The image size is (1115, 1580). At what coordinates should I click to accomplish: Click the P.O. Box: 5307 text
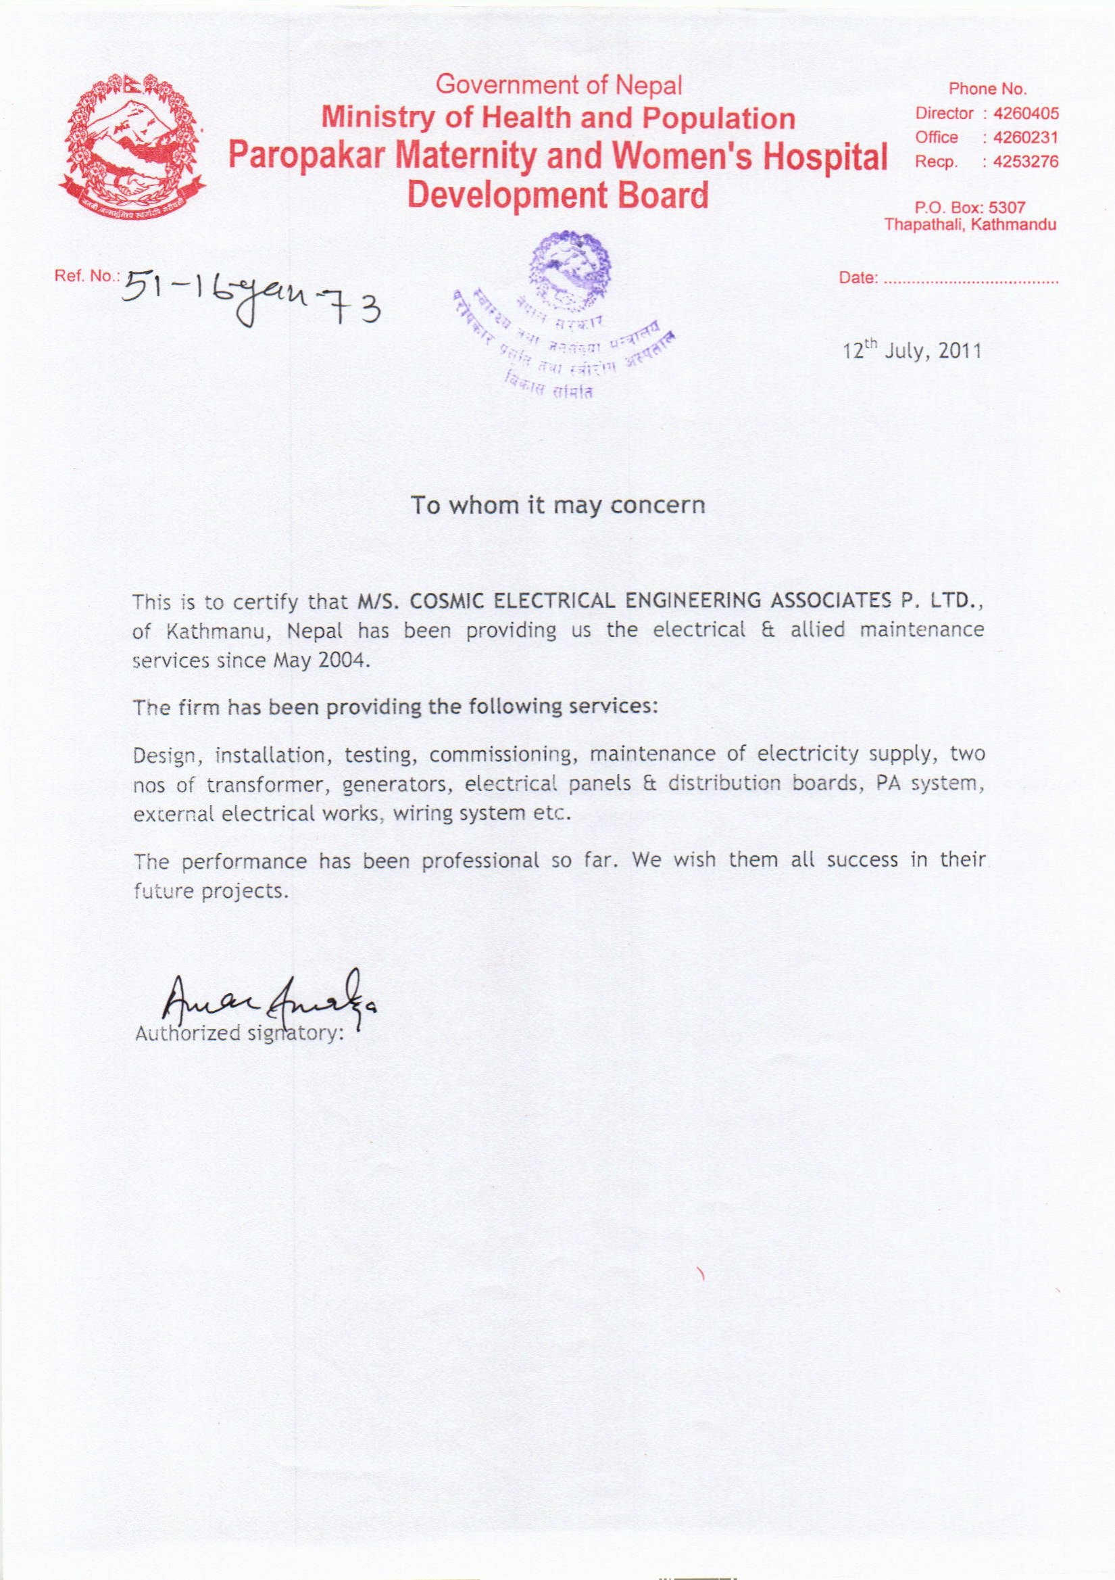point(969,207)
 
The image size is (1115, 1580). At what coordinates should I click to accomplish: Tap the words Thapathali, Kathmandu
point(970,225)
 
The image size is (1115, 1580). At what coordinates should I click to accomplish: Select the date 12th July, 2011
point(912,351)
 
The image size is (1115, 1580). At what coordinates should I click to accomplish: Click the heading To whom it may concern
point(558,506)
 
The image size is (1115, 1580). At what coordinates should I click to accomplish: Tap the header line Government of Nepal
point(559,85)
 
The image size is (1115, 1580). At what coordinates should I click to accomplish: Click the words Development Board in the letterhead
point(557,195)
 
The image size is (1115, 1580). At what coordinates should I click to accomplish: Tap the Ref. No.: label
point(86,277)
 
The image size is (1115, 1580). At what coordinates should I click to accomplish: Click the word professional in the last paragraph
point(480,861)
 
